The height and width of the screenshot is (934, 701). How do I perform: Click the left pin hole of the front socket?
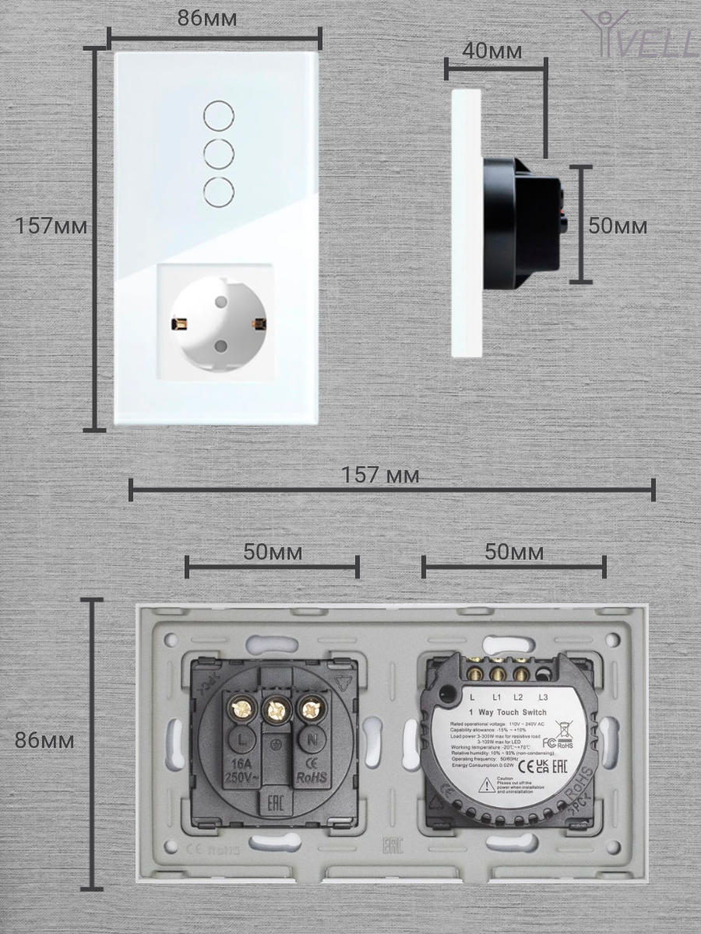point(179,322)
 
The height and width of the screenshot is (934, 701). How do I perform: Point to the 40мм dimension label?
point(492,51)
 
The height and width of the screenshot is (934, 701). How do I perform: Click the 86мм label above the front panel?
point(208,19)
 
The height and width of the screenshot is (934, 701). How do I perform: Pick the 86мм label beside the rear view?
point(45,740)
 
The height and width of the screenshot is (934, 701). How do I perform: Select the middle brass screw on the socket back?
point(275,709)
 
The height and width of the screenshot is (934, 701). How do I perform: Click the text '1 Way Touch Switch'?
point(507,712)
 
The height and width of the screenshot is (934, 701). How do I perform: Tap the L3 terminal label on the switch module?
point(544,697)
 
